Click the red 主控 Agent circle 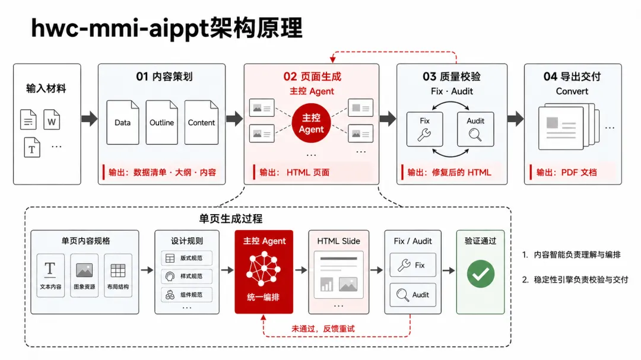tap(311, 123)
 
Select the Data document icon tap(123, 122)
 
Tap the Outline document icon tap(162, 122)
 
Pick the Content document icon tap(201, 122)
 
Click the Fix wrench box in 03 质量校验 tap(425, 129)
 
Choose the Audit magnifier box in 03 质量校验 tap(475, 129)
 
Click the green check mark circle tap(481, 274)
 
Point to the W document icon tap(52, 120)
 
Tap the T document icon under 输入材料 tap(32, 148)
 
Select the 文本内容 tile tap(50, 275)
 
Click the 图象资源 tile tap(84, 275)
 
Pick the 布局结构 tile tap(118, 275)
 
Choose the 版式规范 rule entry tap(187, 258)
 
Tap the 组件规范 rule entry tap(187, 295)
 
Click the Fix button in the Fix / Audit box tap(413, 265)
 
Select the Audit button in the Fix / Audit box tap(413, 295)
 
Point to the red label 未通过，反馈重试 tap(323, 329)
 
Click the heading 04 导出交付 tap(572, 77)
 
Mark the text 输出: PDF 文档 tap(567, 173)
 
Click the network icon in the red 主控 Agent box tap(264, 269)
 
